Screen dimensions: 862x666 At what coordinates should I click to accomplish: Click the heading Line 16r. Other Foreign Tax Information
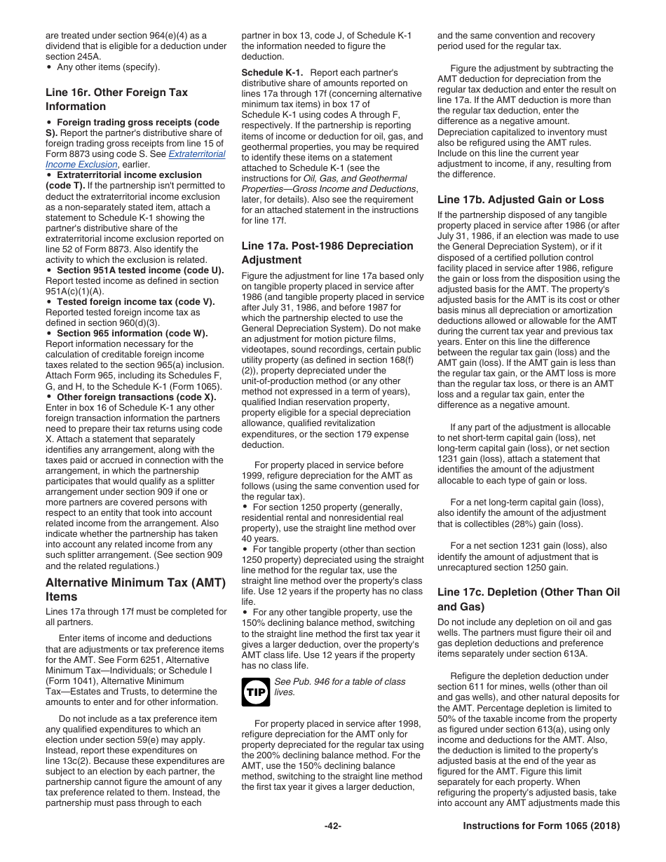(116, 100)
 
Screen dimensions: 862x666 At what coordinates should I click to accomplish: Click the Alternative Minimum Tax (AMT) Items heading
(135, 589)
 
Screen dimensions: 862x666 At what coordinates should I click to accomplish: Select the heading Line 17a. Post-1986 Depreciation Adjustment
(327, 252)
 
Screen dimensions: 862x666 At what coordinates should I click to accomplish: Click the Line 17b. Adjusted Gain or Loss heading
(520, 199)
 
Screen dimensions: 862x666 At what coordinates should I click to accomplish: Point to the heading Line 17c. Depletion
(528, 599)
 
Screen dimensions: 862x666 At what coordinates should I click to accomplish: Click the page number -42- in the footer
(332, 826)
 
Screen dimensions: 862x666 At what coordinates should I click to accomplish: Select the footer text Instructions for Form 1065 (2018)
(541, 826)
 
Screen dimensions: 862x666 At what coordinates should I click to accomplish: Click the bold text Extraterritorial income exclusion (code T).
(129, 175)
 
